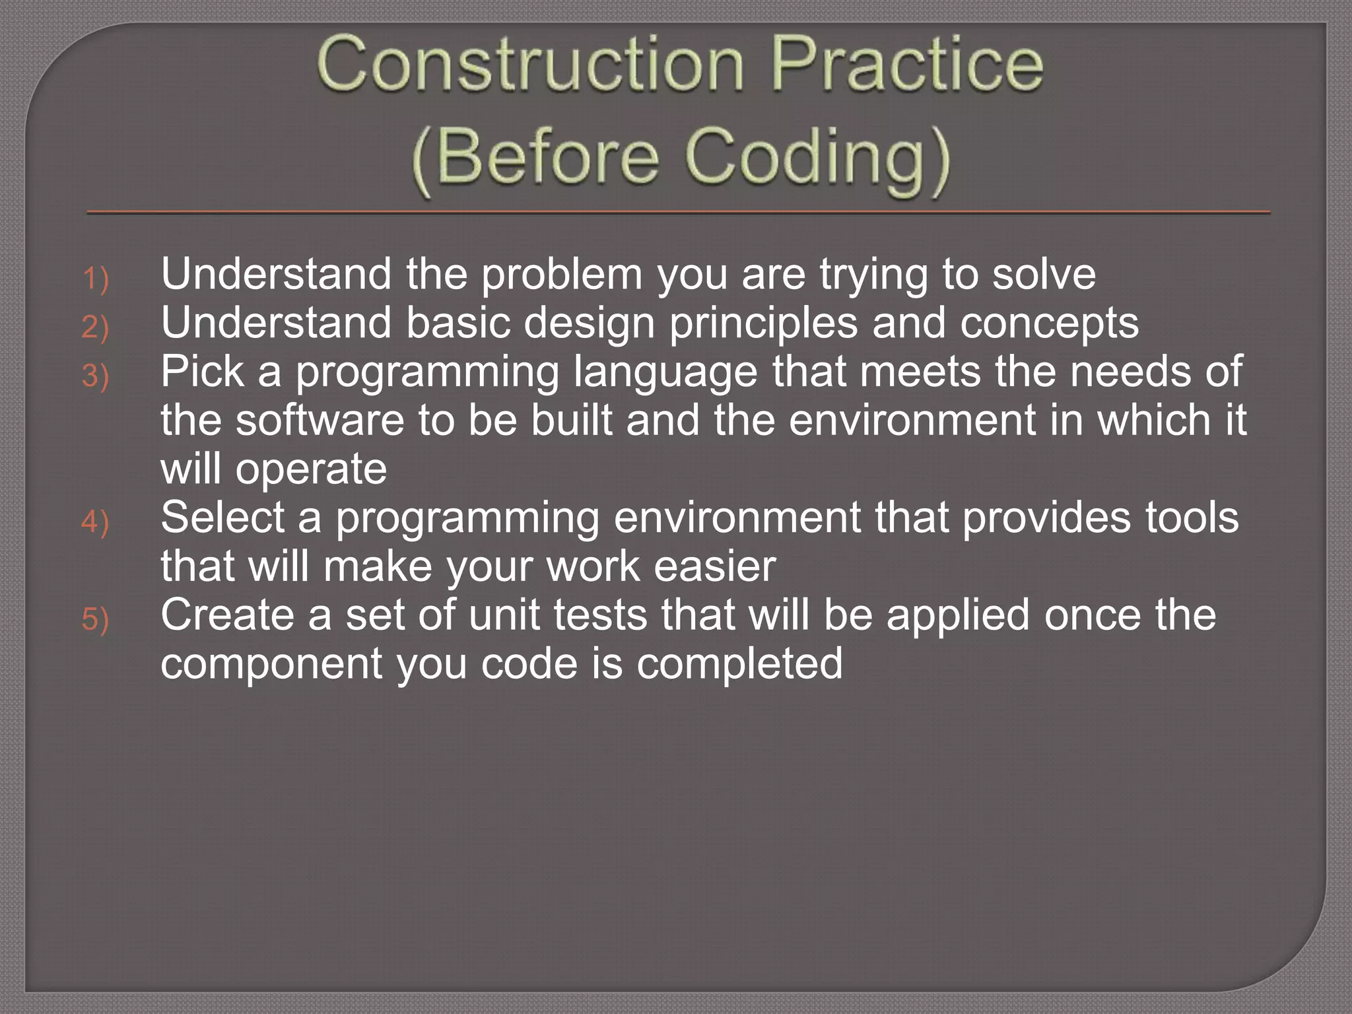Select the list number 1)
pyautogui.click(x=95, y=278)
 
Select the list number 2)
pyautogui.click(x=95, y=327)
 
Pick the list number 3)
pyautogui.click(x=95, y=376)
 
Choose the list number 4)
pyautogui.click(x=95, y=522)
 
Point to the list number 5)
pyautogui.click(x=95, y=619)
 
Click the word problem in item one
pyautogui.click(x=561, y=275)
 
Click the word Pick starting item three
pyautogui.click(x=202, y=372)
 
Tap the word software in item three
pyautogui.click(x=320, y=421)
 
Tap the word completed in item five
pyautogui.click(x=739, y=664)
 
